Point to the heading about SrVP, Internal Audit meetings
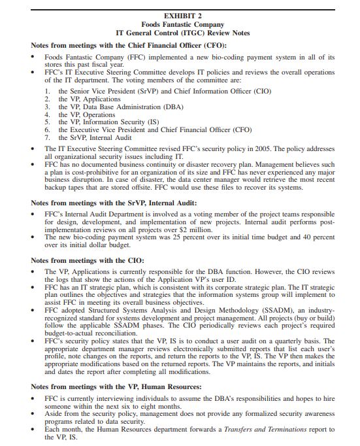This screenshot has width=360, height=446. click(113, 203)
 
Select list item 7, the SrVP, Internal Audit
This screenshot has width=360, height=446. click(95, 137)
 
